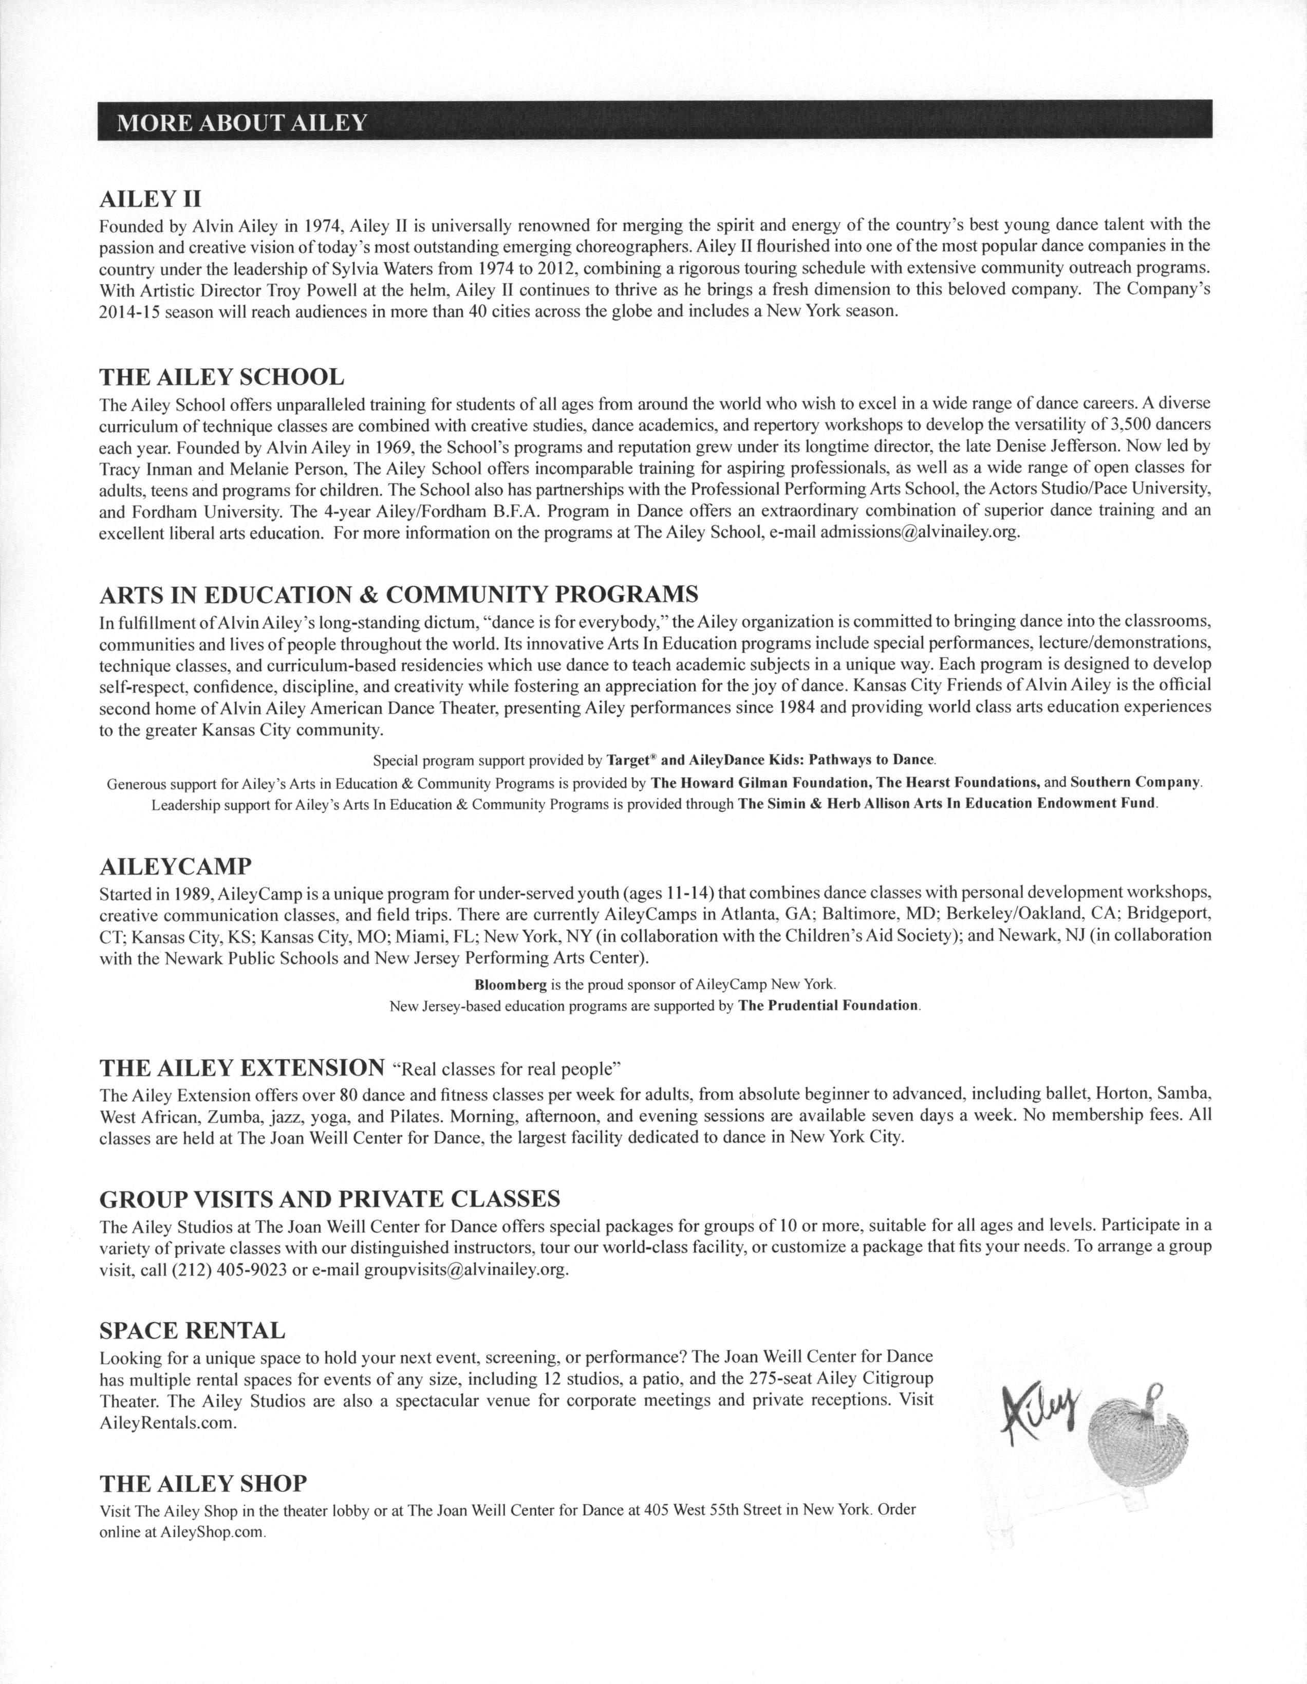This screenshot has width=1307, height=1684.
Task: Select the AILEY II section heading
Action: point(151,199)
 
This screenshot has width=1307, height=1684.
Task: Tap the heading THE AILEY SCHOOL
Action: point(222,377)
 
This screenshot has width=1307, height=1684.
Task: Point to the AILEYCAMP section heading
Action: point(176,867)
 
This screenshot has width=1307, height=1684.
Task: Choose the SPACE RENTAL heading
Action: point(192,1330)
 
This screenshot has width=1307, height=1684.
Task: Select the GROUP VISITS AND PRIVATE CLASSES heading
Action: point(330,1199)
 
